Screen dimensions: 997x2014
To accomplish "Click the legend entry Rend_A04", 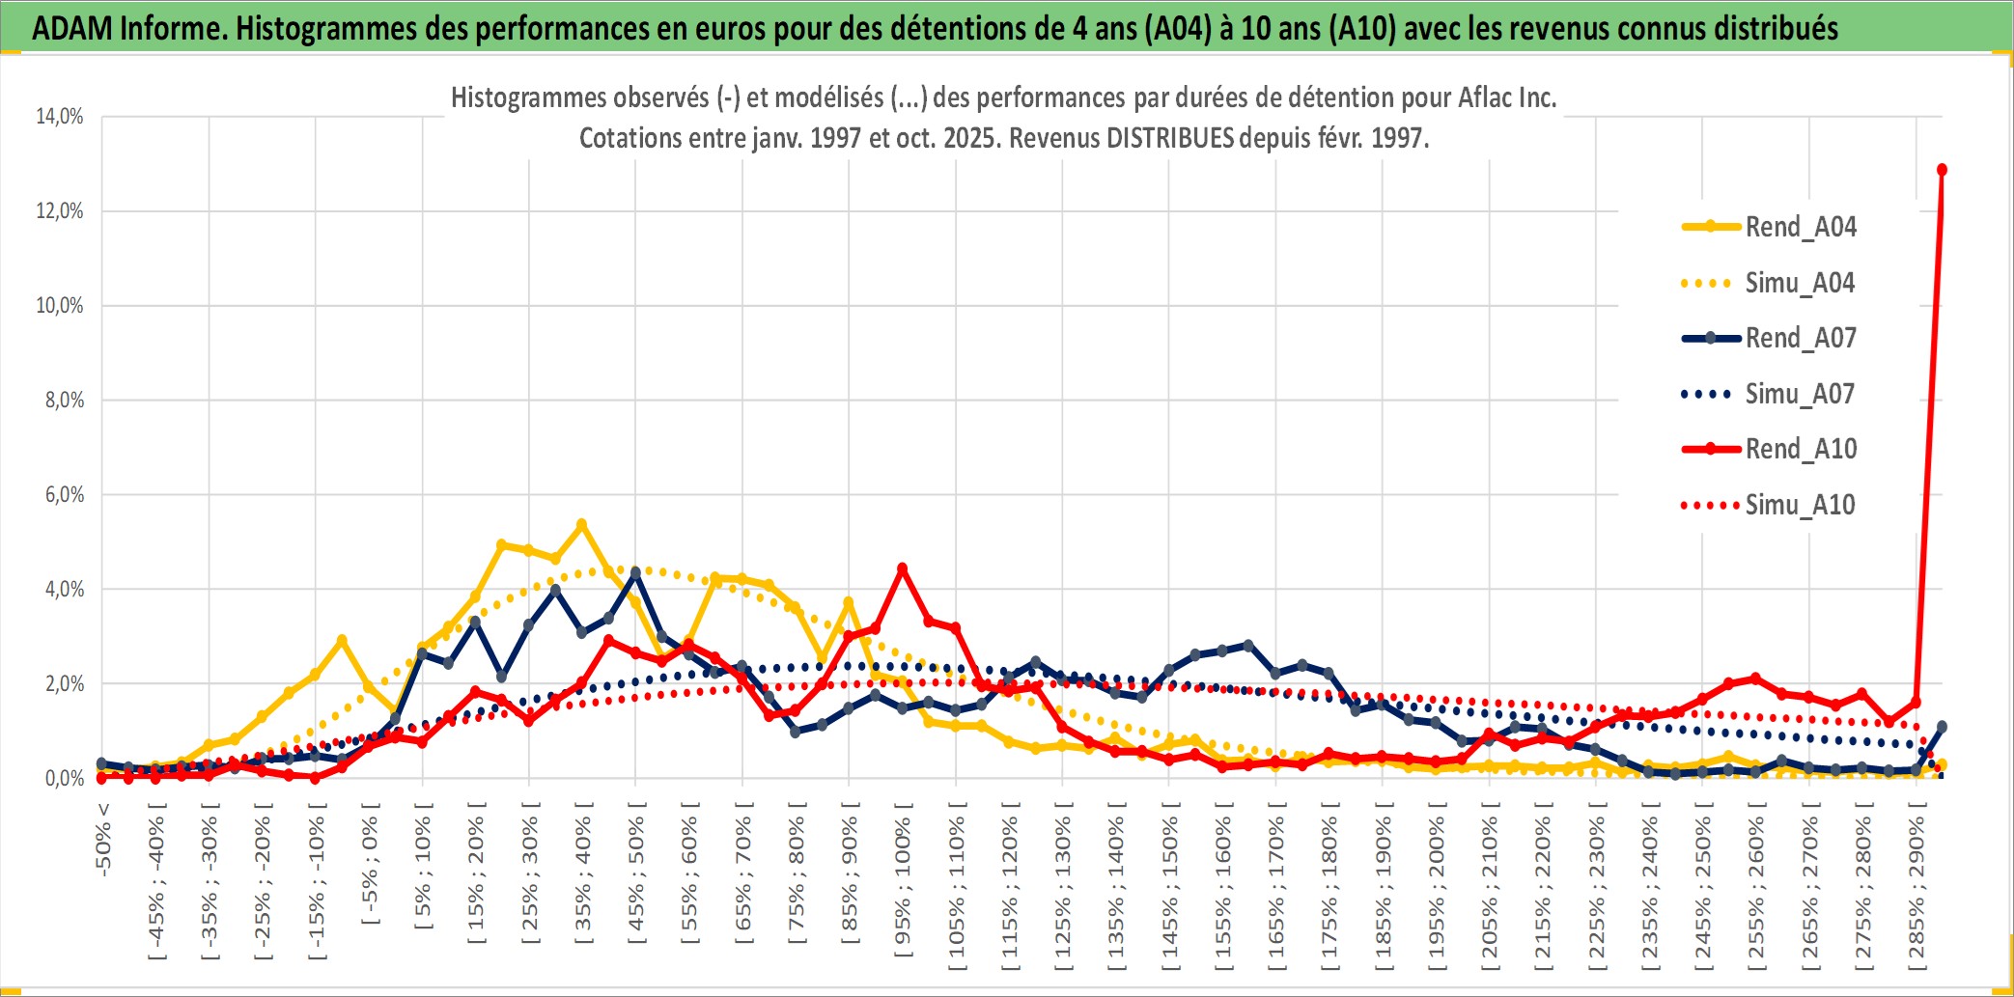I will click(1800, 227).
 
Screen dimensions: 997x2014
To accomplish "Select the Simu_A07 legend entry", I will click(1800, 394).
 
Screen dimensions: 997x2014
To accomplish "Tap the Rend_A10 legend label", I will click(1801, 449).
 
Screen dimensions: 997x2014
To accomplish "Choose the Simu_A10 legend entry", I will click(1800, 505).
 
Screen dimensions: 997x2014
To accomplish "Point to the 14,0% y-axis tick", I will click(60, 117).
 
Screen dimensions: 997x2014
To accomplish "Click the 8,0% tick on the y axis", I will click(64, 400).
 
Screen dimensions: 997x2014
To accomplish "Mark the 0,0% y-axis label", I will click(64, 778).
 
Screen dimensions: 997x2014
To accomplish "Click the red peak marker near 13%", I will click(1942, 170).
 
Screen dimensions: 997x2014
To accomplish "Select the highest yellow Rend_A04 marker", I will click(581, 524).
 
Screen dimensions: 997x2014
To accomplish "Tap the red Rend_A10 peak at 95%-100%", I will click(902, 568).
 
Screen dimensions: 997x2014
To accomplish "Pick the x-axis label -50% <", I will click(103, 839).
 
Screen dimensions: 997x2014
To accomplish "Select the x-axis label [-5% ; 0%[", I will click(370, 864).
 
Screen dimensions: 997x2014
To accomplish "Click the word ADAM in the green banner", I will click(72, 28).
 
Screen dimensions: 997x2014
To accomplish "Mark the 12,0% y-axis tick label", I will click(60, 210).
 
